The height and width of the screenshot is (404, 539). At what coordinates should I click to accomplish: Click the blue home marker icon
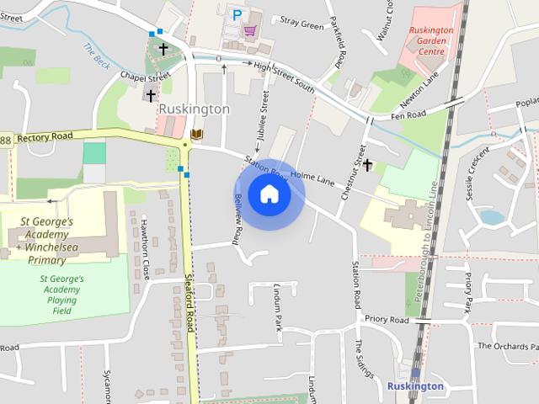pyautogui.click(x=269, y=194)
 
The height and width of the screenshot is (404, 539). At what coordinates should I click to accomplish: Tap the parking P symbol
pyautogui.click(x=237, y=14)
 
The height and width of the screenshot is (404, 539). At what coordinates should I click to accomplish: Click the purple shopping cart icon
pyautogui.click(x=250, y=30)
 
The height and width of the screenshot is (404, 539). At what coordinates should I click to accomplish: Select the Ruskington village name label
pyautogui.click(x=194, y=109)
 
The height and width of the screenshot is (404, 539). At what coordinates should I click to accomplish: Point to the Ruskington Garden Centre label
pyautogui.click(x=430, y=40)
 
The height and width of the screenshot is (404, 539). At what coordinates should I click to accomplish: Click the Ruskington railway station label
pyautogui.click(x=414, y=386)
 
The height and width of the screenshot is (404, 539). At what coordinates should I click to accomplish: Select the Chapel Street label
pyautogui.click(x=139, y=76)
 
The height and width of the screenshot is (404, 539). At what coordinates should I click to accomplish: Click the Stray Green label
pyautogui.click(x=302, y=24)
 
